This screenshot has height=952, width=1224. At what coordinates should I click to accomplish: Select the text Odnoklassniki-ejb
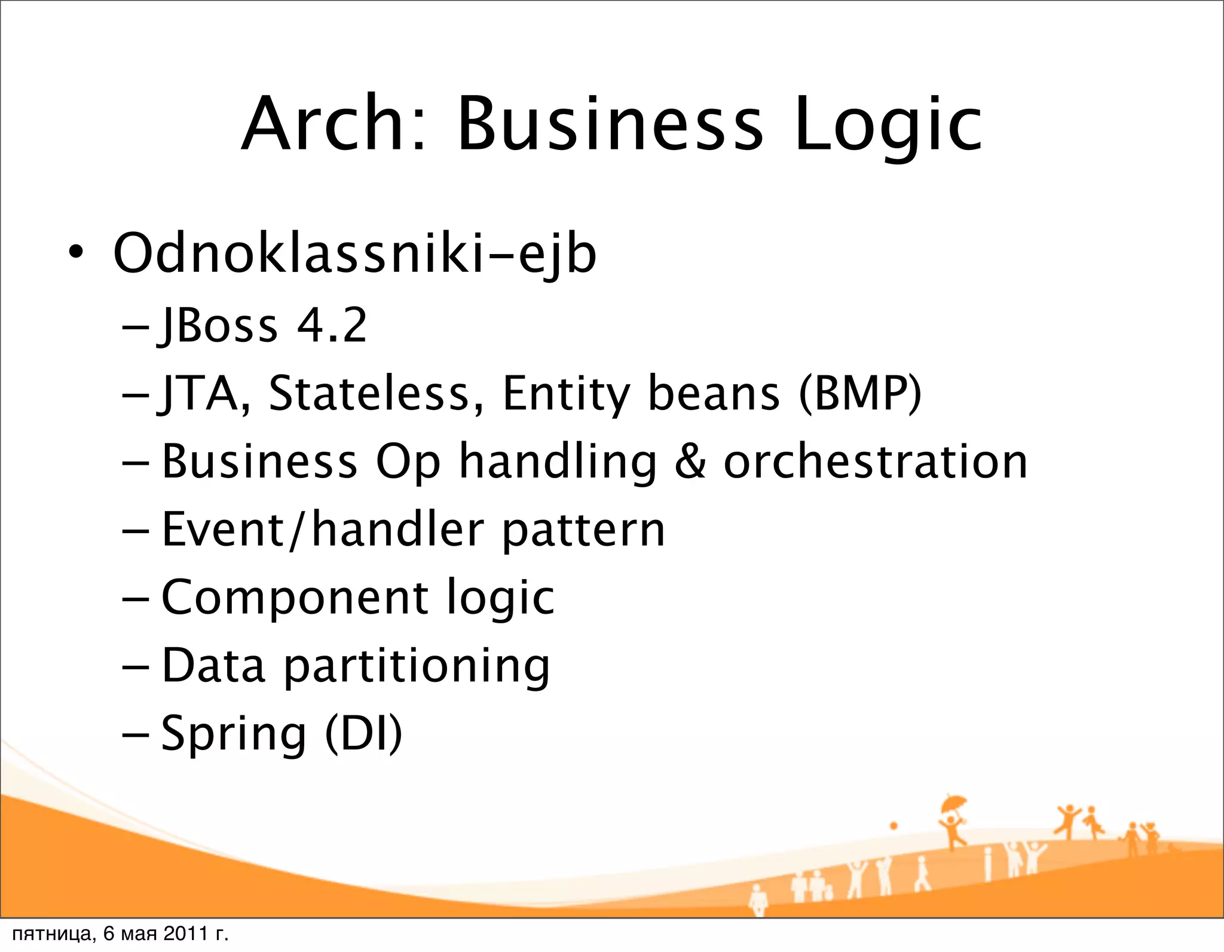(354, 255)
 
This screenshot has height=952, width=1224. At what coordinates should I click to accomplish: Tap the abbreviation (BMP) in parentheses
(861, 394)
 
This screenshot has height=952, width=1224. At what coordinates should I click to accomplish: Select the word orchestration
(876, 461)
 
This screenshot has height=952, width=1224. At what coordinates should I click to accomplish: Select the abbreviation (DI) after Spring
(363, 734)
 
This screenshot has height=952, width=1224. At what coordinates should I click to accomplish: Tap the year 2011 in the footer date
(185, 933)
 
